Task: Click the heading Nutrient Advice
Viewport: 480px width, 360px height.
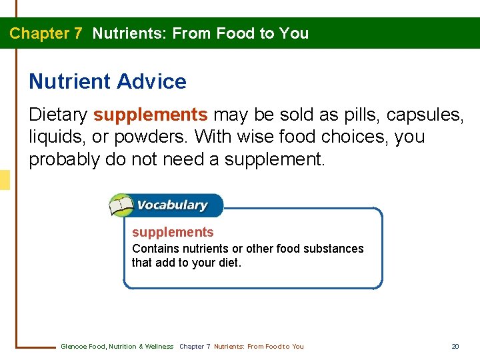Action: [107, 82]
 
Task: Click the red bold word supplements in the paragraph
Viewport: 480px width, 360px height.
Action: [151, 115]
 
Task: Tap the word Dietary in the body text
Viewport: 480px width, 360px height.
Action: [58, 115]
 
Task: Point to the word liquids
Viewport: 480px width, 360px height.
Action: [55, 137]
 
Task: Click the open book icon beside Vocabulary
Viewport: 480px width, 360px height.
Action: [122, 205]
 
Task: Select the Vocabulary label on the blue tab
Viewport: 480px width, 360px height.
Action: [172, 205]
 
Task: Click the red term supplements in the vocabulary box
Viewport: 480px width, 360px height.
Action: [173, 232]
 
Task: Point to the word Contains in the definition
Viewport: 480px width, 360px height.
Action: [155, 249]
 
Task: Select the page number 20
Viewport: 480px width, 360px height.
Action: [455, 346]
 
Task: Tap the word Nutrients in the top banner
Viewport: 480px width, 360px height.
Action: [129, 33]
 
